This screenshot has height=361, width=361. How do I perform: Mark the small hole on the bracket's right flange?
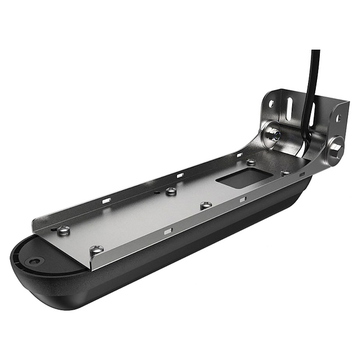tap(338, 118)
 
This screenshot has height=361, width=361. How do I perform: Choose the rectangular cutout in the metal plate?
tap(236, 179)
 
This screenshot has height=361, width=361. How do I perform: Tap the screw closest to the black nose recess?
tap(64, 230)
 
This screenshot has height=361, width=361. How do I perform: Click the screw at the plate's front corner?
tap(96, 249)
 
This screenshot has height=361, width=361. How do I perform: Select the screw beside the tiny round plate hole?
tap(171, 192)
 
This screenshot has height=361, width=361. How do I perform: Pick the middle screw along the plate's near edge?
tap(206, 205)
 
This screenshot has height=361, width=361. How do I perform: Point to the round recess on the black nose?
tap(36, 261)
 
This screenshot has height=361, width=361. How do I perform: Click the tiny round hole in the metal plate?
tap(157, 191)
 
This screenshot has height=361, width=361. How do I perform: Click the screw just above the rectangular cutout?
tap(250, 162)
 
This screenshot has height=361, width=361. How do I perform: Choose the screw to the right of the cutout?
tap(285, 173)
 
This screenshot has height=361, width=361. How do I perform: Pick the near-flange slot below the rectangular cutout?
tap(243, 200)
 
